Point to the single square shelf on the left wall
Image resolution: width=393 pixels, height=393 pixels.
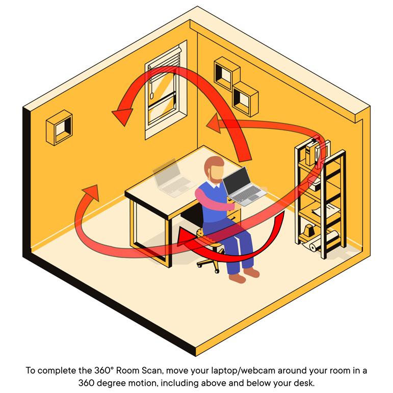click(60, 128)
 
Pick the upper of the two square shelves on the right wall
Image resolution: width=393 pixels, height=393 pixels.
click(226, 74)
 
